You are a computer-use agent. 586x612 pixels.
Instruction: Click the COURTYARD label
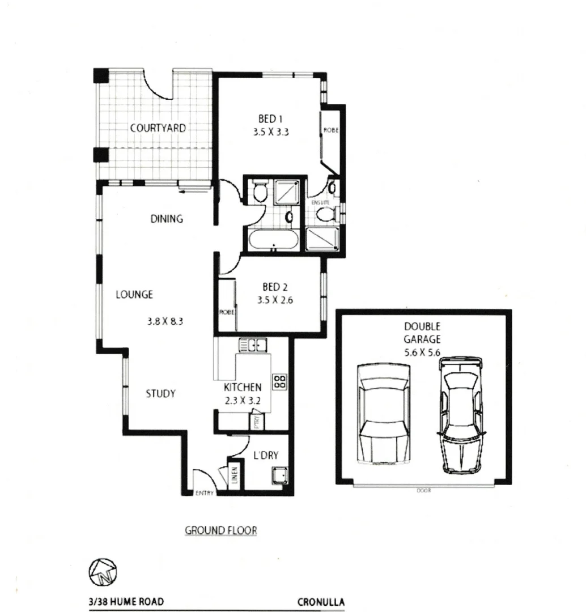[158, 128]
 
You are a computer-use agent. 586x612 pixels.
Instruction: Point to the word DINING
[167, 219]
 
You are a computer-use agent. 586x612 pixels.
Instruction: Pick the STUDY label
[160, 393]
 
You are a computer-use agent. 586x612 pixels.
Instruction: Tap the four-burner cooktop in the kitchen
[279, 381]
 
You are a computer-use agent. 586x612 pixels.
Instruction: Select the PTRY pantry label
[257, 423]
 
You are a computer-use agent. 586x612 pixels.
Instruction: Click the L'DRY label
[266, 454]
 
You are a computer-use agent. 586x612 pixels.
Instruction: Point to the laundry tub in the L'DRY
[279, 476]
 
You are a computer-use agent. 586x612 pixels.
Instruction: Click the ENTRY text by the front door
[205, 493]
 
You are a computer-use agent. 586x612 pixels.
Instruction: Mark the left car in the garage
[383, 415]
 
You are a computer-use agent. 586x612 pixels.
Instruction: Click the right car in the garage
[462, 415]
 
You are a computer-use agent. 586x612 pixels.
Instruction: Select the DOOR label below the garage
[423, 491]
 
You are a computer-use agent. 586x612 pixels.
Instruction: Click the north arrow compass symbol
[103, 572]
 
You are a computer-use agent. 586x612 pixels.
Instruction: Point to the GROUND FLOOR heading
[221, 531]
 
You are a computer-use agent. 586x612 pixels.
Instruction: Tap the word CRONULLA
[321, 602]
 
